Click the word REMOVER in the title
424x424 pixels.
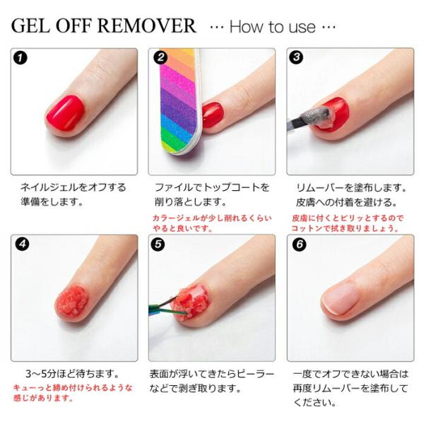click(x=147, y=26)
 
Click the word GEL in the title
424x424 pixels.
click(x=30, y=26)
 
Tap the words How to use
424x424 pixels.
click(x=273, y=27)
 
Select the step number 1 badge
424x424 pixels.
click(x=20, y=58)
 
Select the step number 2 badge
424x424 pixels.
click(x=161, y=57)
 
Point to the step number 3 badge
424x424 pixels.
click(x=296, y=57)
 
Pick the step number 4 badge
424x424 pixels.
click(x=23, y=245)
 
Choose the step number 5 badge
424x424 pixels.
click(x=158, y=245)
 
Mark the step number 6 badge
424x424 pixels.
click(x=300, y=245)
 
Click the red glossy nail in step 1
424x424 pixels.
click(x=65, y=112)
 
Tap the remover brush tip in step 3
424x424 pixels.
click(x=317, y=115)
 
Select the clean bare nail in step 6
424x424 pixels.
click(x=340, y=298)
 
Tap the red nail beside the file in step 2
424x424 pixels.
click(x=213, y=115)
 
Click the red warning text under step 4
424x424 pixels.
click(x=73, y=393)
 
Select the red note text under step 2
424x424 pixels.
click(x=212, y=223)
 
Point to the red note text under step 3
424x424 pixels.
click(x=347, y=223)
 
